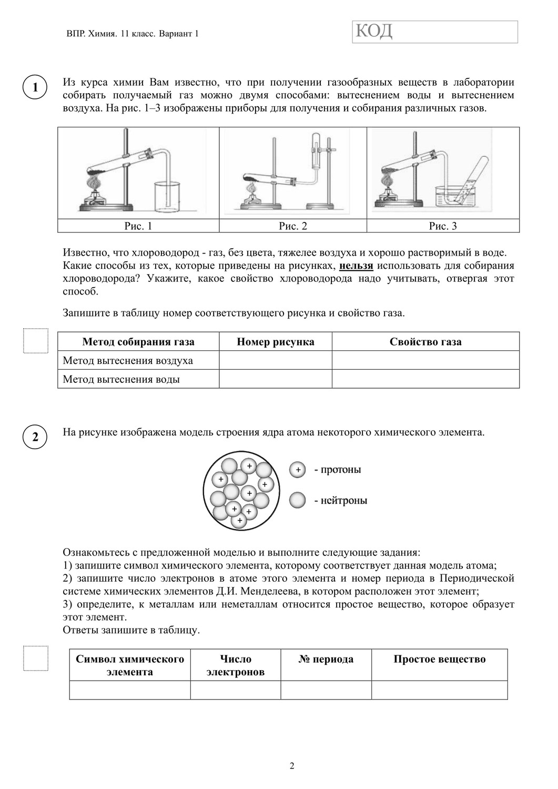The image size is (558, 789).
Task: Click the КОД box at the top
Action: pos(435,32)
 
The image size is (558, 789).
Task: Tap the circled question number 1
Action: pos(35,88)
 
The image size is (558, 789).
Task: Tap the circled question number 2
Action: pos(35,437)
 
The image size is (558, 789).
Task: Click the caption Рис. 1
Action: pos(138,226)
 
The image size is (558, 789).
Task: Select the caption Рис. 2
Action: pos(292,226)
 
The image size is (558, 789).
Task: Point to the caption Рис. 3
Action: pos(443,226)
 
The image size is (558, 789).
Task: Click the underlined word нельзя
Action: pos(356,266)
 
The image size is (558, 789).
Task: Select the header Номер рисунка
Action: pos(275,342)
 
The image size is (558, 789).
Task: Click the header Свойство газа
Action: pos(425,342)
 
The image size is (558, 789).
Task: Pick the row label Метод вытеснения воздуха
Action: pos(128,361)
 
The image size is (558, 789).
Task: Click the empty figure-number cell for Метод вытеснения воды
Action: pos(275,379)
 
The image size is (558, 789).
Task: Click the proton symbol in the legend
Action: pos(298,470)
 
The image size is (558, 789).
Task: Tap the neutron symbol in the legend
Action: pos(298,500)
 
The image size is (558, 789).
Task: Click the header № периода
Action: pos(326,660)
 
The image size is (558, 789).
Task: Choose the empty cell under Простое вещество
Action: pos(439,690)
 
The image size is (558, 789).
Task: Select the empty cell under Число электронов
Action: pos(235,690)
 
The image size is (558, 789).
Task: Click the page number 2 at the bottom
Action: pos(292,766)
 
